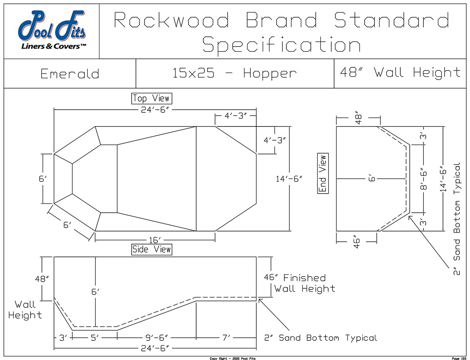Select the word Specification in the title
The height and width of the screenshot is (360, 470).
(281, 45)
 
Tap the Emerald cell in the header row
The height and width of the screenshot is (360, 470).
(70, 74)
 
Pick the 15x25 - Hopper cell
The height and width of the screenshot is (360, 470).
(234, 73)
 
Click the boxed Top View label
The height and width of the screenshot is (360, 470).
(151, 98)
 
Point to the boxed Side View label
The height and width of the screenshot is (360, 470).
(151, 249)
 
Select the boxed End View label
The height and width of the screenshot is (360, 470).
(323, 174)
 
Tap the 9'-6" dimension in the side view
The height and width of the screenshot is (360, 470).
(157, 338)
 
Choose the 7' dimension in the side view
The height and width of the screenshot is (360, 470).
(227, 338)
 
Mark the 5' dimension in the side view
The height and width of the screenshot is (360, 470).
(94, 338)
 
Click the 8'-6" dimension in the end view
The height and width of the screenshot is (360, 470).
(425, 179)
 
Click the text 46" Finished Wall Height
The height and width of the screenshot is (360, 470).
(300, 283)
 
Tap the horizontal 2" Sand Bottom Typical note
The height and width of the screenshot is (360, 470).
(320, 338)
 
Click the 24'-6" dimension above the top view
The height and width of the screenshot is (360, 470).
(155, 110)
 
